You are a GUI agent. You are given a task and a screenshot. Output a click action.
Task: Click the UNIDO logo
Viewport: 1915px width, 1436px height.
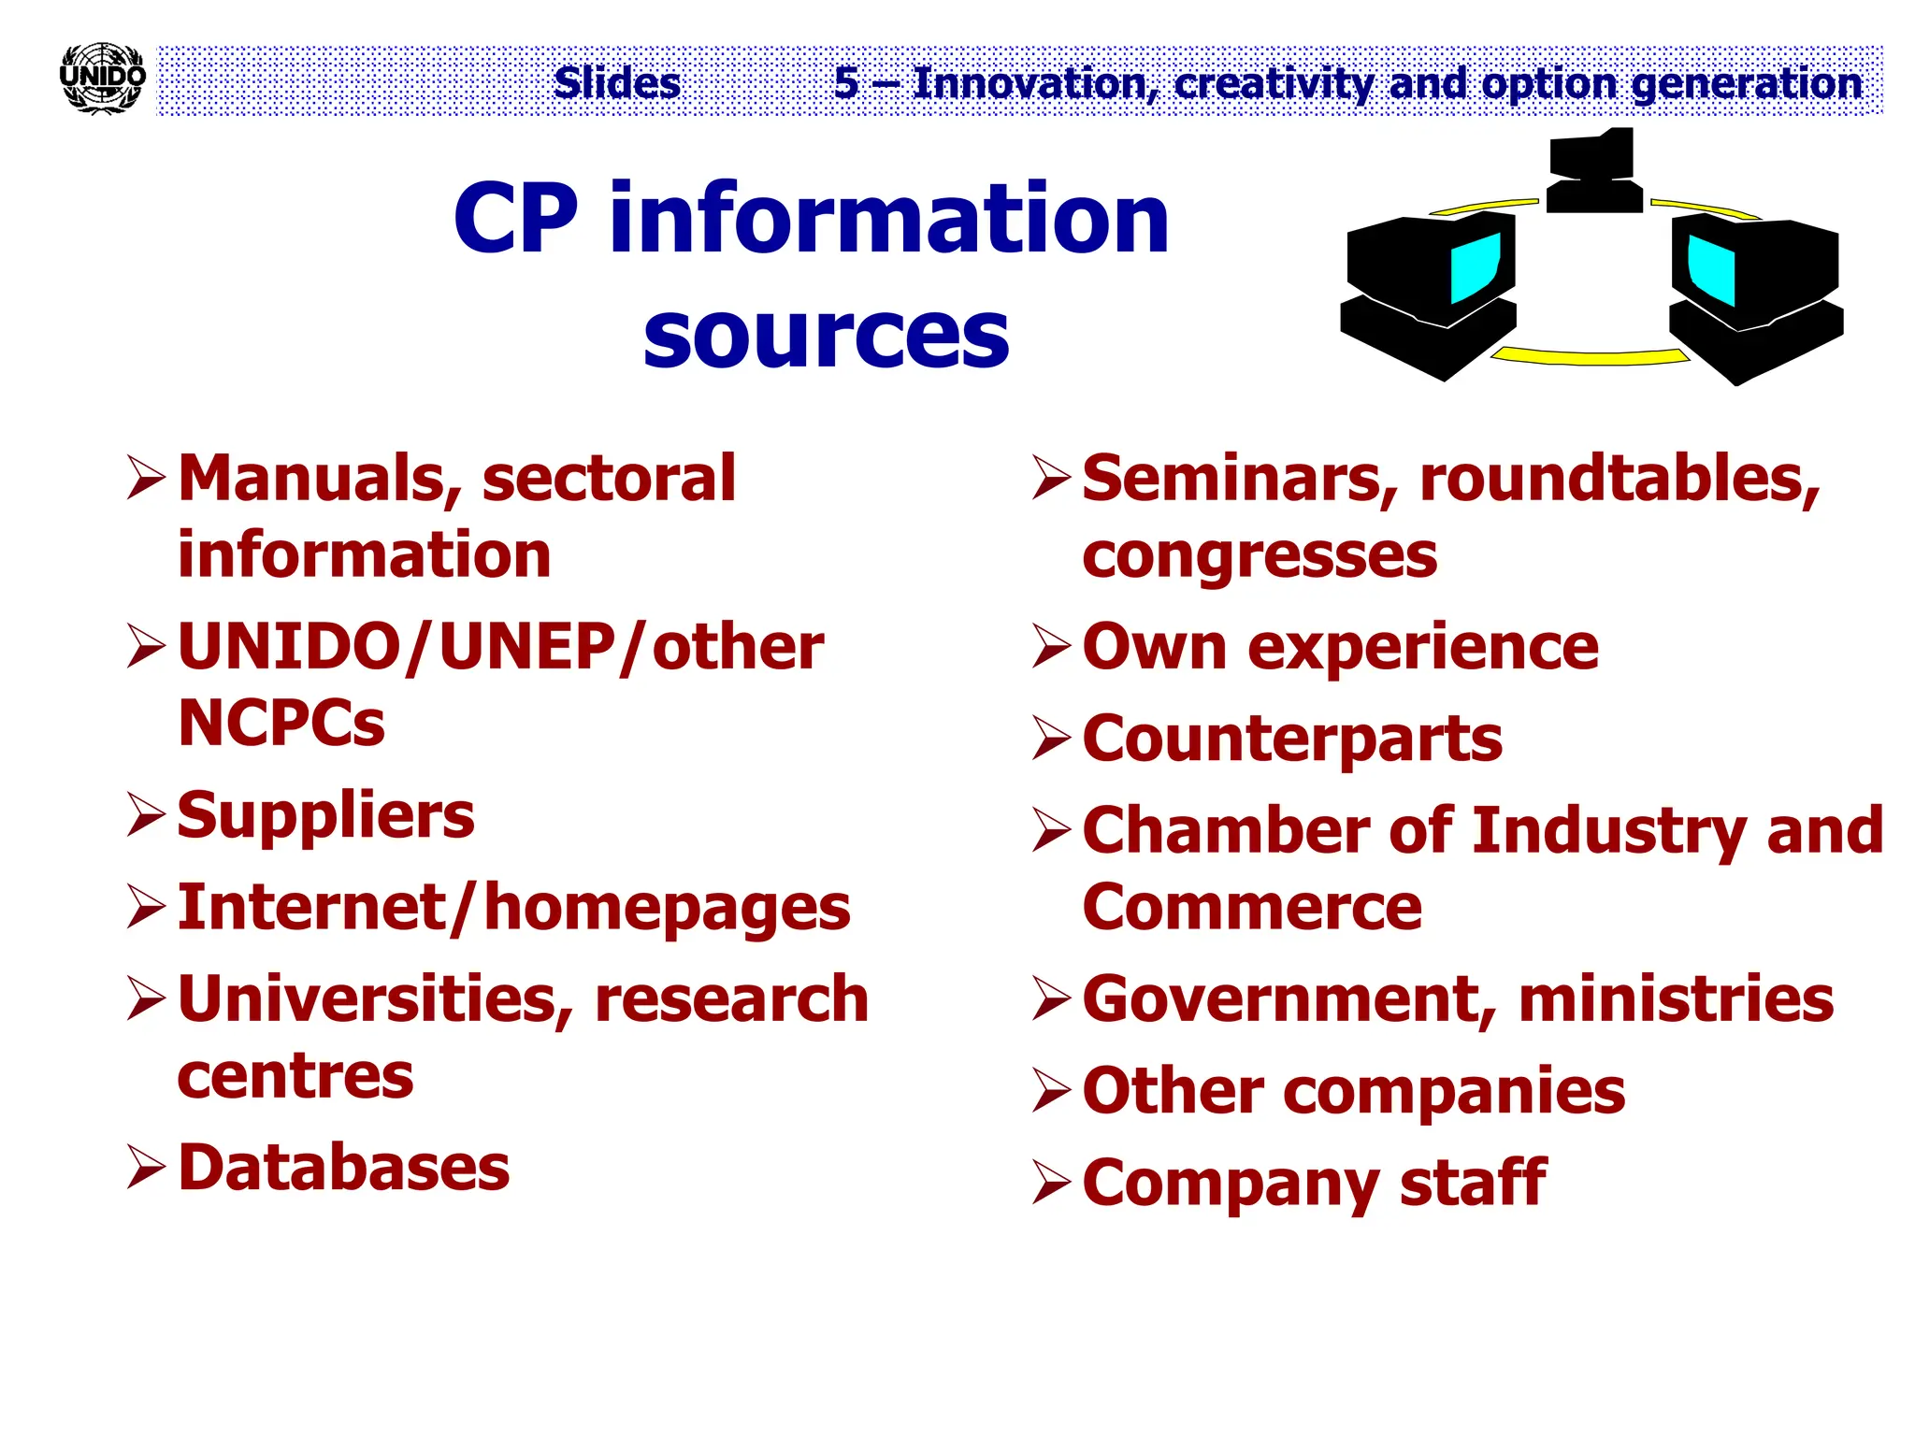(102, 79)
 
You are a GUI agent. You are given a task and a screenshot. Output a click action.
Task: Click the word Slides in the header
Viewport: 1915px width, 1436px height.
(617, 83)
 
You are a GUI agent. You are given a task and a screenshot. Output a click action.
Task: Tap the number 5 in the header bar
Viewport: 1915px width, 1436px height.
(846, 83)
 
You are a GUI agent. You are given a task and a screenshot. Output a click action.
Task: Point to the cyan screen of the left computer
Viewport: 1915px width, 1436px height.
(1476, 267)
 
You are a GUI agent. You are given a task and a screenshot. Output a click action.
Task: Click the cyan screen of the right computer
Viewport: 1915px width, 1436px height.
(1712, 269)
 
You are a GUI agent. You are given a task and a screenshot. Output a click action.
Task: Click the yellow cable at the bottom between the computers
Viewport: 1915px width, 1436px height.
(1590, 356)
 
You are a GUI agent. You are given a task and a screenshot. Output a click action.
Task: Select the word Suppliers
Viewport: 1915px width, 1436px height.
(325, 815)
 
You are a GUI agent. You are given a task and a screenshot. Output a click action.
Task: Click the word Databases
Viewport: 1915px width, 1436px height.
(343, 1168)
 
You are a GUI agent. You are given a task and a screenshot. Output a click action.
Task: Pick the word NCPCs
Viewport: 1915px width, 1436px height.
(281, 723)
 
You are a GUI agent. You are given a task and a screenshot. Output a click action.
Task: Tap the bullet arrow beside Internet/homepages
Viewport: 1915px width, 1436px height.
(147, 907)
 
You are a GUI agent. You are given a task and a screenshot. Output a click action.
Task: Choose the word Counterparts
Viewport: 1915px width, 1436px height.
(1291, 739)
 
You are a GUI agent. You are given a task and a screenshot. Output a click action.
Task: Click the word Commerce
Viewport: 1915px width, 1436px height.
(1251, 907)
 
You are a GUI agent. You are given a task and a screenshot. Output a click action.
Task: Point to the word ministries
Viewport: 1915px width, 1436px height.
(1676, 998)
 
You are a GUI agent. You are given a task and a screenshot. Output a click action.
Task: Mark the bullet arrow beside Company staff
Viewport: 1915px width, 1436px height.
(1051, 1183)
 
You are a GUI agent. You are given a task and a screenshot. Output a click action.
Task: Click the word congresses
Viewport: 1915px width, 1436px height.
(1259, 555)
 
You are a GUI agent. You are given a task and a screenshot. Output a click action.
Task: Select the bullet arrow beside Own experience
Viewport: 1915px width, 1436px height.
(1051, 646)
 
